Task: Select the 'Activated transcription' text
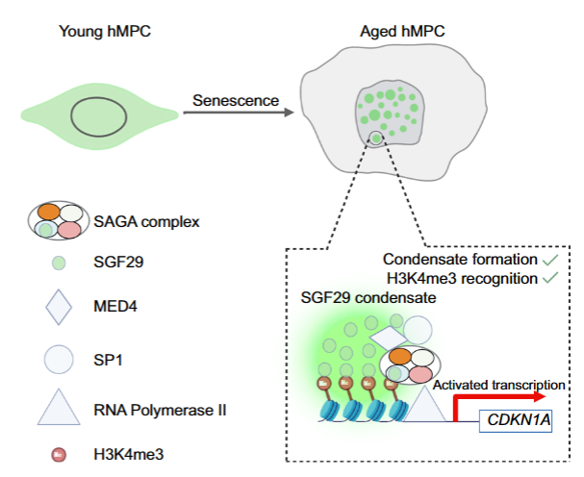[496, 384]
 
